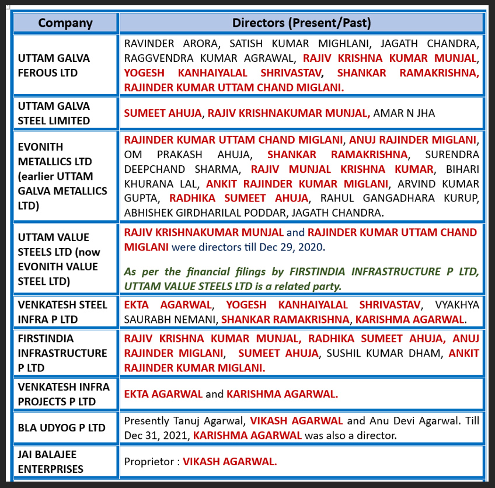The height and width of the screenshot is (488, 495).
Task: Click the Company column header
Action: click(65, 23)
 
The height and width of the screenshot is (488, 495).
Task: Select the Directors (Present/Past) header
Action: click(301, 23)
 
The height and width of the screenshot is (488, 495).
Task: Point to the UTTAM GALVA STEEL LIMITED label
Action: click(54, 113)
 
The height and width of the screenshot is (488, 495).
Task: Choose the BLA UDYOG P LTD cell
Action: click(61, 427)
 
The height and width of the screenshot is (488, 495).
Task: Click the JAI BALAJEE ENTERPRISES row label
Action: click(50, 461)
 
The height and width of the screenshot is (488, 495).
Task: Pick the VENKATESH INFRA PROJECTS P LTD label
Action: click(57, 394)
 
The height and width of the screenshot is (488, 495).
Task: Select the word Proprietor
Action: click(149, 461)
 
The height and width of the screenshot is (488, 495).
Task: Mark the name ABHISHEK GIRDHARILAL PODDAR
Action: click(218, 214)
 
